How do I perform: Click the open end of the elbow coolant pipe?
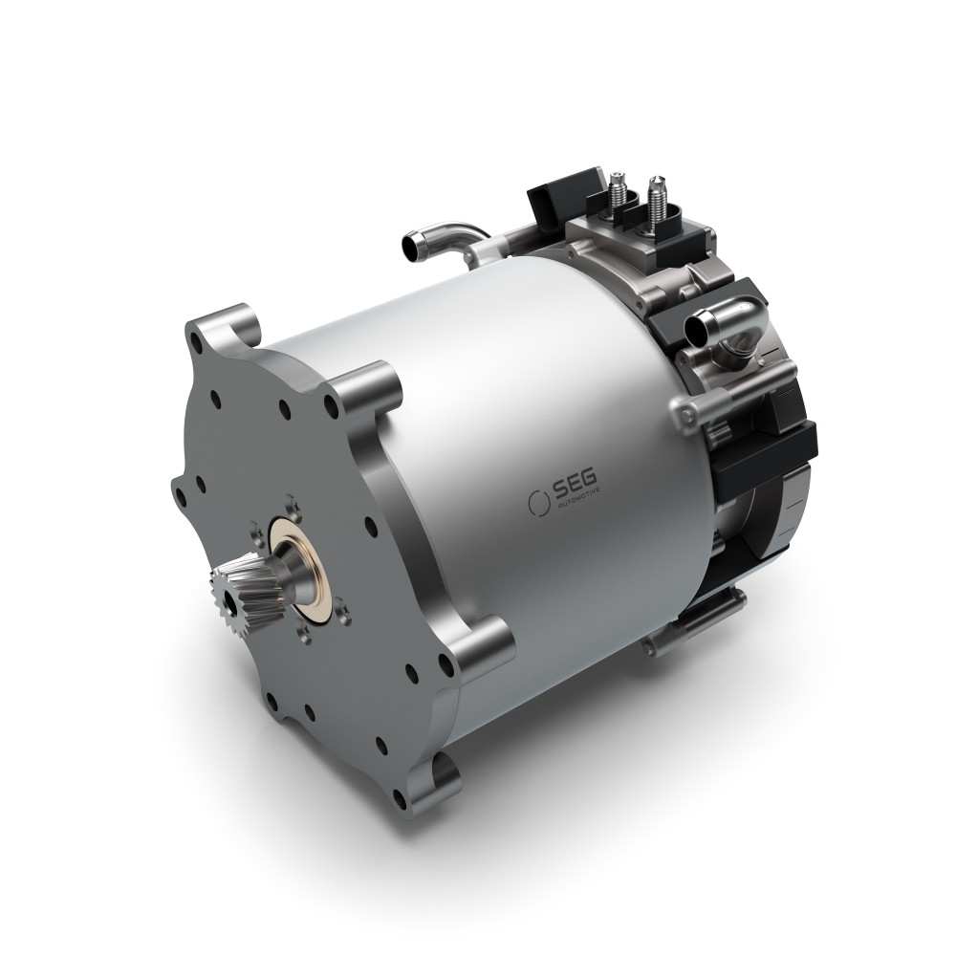pyautogui.click(x=695, y=329)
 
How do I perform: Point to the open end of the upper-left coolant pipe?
pyautogui.click(x=410, y=246)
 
